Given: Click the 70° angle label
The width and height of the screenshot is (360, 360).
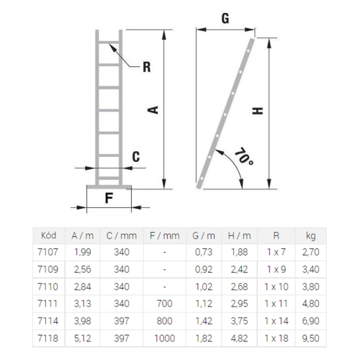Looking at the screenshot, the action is coord(243,157).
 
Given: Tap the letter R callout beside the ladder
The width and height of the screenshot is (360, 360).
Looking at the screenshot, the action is coord(147,67).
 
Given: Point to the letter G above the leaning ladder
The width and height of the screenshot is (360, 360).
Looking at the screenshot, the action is coord(225,18).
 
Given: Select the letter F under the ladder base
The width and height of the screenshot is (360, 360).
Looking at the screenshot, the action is coord(109,198).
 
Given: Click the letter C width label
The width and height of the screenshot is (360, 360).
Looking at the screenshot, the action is coord(136,157).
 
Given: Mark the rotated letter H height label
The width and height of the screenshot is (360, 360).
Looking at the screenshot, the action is coord(258,111).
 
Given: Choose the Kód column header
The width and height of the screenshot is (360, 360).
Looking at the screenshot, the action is coord(48,235).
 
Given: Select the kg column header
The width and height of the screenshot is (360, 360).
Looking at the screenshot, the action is coord(310,236).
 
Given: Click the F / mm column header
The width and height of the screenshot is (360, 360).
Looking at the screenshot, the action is coord(165,235).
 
